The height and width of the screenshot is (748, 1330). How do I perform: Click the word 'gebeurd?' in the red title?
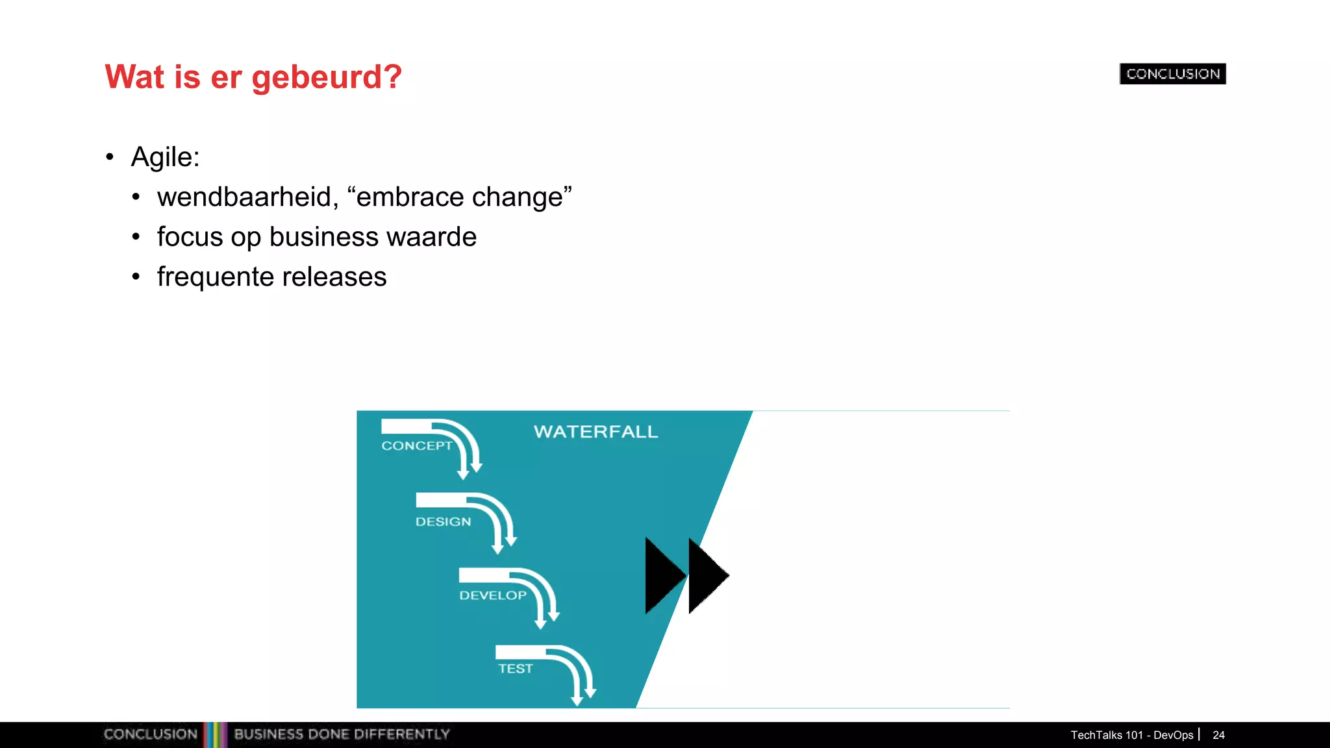tap(327, 77)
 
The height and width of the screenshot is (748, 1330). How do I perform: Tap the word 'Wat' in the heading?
tap(134, 77)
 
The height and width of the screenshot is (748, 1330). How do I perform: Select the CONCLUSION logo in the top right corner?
tap(1172, 74)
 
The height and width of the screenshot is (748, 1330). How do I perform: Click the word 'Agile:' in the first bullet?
tap(165, 157)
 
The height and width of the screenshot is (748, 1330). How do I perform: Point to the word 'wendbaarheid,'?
tap(247, 197)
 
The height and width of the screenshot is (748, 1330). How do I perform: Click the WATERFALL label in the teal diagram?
tap(596, 432)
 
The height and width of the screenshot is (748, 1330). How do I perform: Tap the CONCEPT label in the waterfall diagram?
tap(416, 446)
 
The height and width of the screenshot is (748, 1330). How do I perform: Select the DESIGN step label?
tap(443, 522)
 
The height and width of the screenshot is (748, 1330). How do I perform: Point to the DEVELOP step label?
tap(492, 595)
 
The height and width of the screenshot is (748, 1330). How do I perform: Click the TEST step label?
tap(515, 669)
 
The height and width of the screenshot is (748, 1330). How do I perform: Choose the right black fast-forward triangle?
tap(705, 575)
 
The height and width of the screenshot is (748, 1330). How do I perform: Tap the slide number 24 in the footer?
tap(1218, 735)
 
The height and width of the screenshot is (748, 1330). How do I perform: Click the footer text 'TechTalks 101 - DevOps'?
tap(1131, 735)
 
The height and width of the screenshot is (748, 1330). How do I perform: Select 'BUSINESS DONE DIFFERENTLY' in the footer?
tap(342, 734)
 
